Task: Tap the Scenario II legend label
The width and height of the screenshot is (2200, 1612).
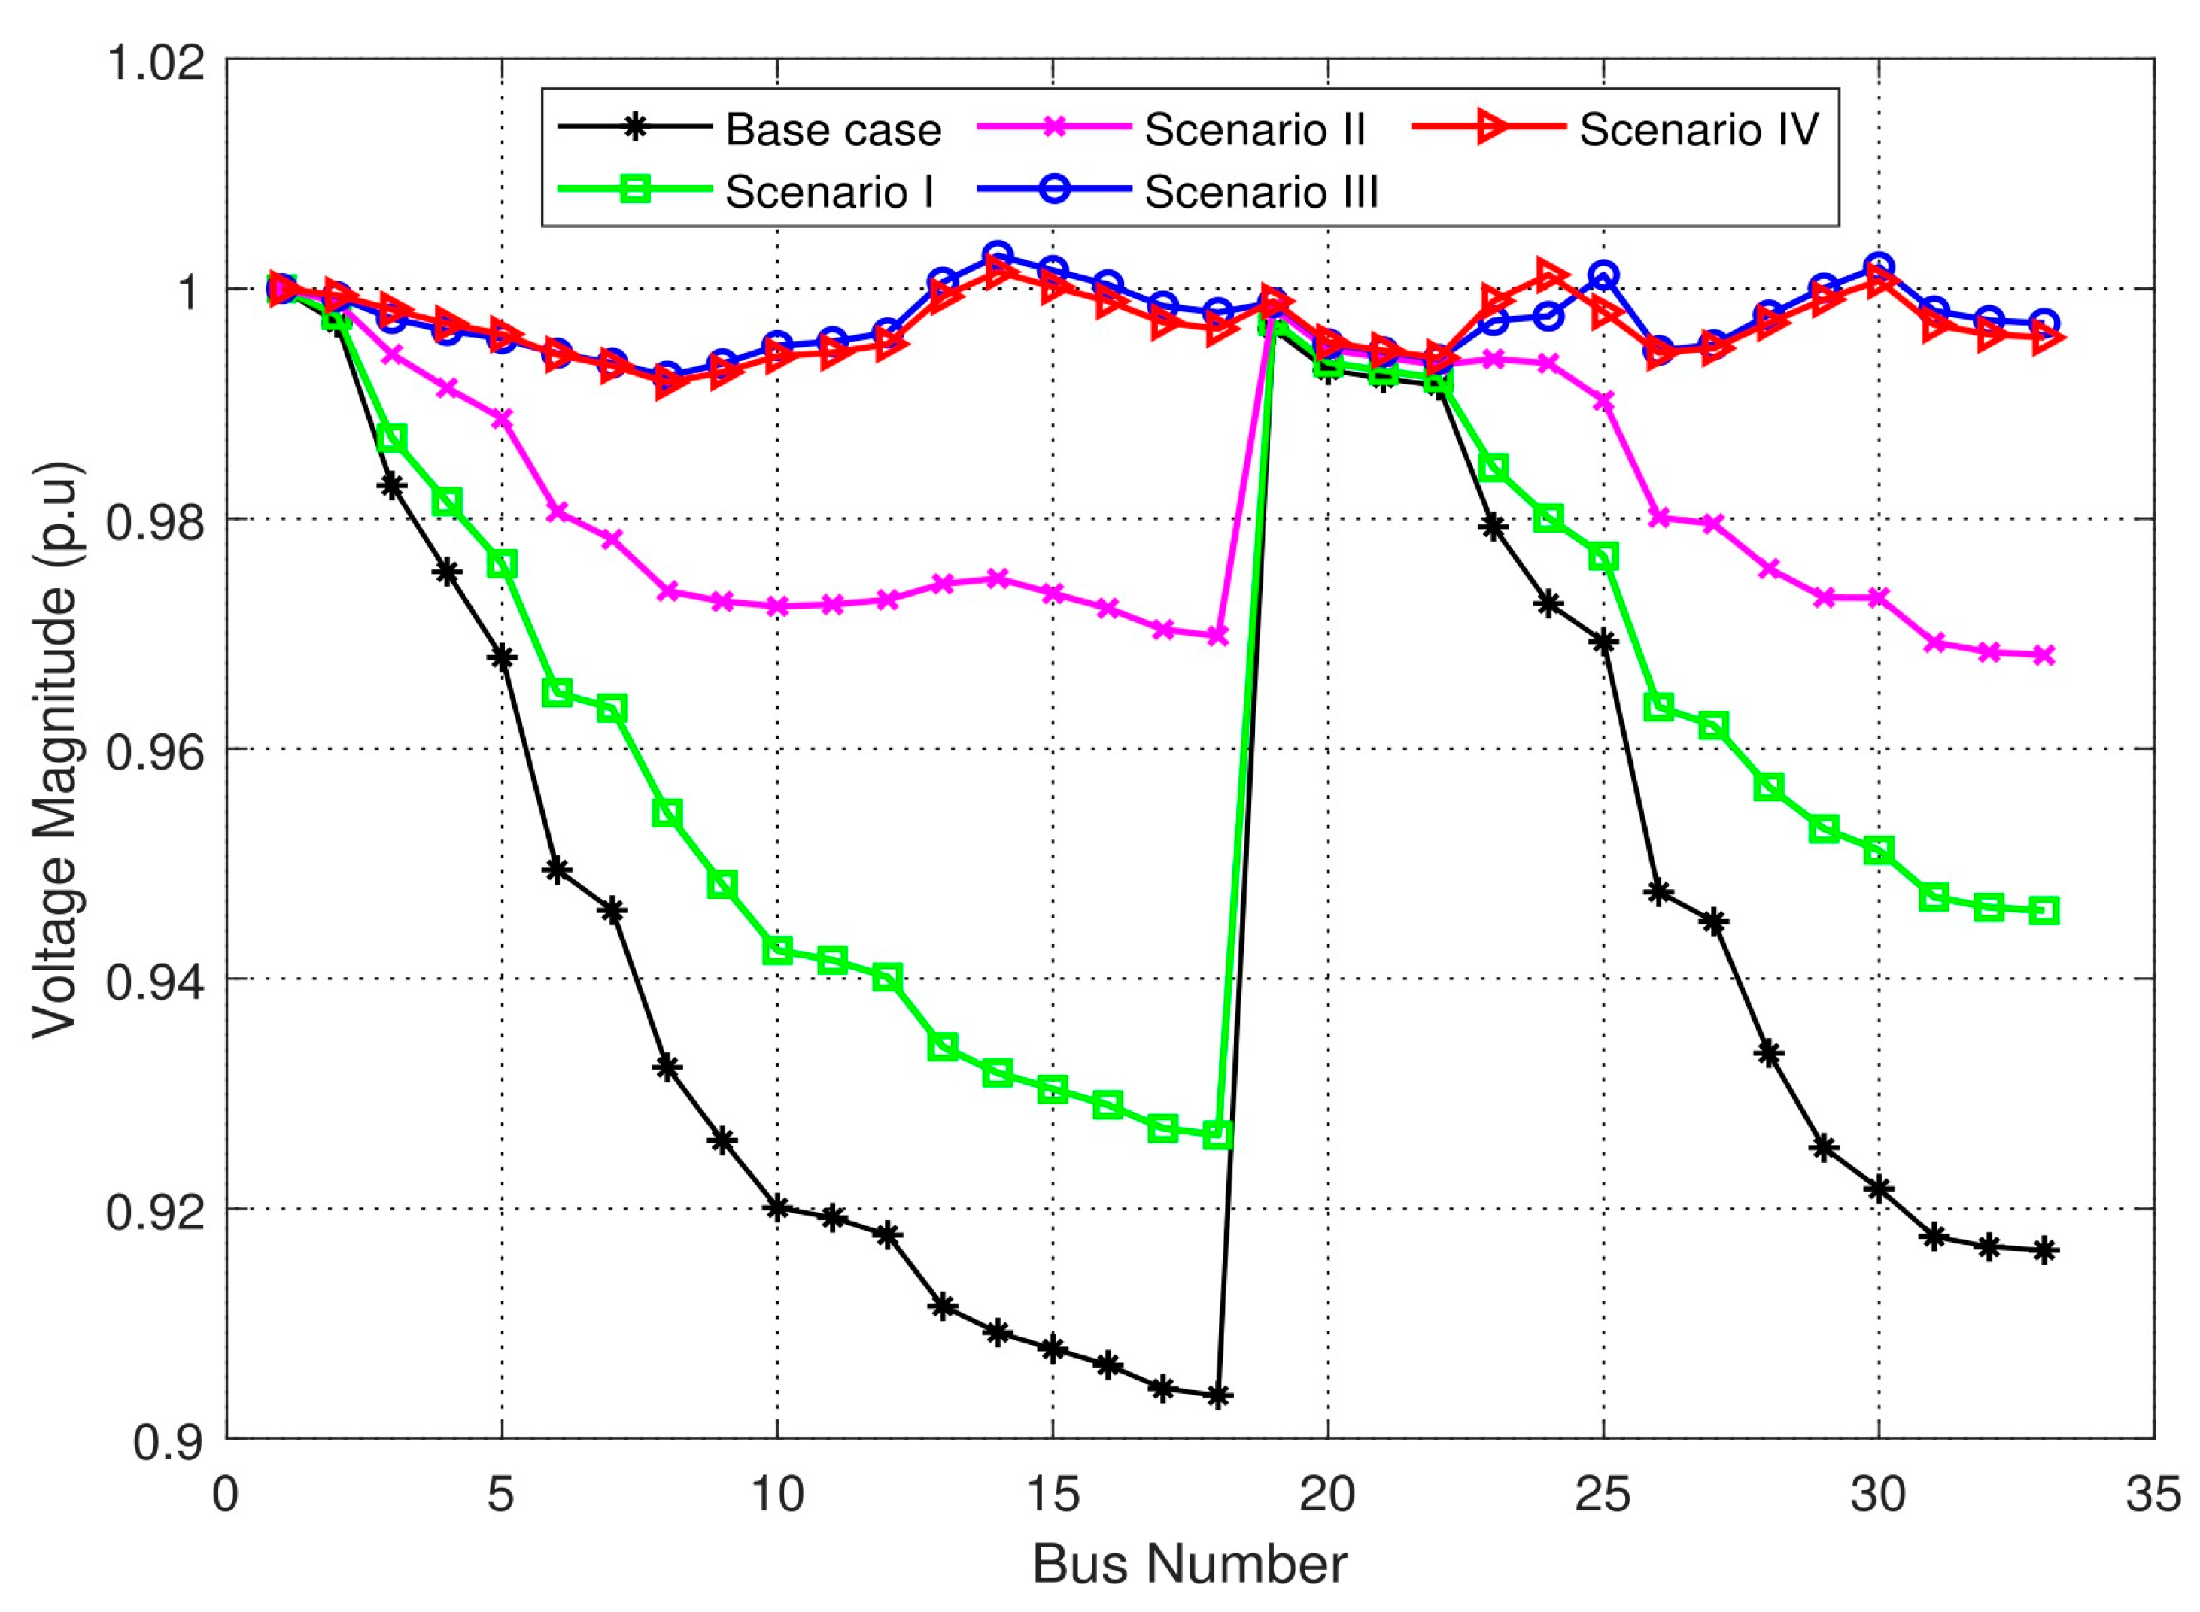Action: click(x=1253, y=130)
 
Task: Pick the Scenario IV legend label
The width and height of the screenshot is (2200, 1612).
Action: click(x=1698, y=130)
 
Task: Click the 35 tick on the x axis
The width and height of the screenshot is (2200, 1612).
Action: click(x=2152, y=1494)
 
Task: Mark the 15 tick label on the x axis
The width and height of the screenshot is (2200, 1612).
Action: click(x=1052, y=1494)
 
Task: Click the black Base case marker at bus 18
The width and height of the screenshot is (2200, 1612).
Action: click(x=1217, y=1396)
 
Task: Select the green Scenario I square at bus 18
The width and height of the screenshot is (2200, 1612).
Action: click(x=1217, y=1134)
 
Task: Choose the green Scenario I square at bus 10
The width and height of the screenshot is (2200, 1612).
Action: click(x=777, y=949)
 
